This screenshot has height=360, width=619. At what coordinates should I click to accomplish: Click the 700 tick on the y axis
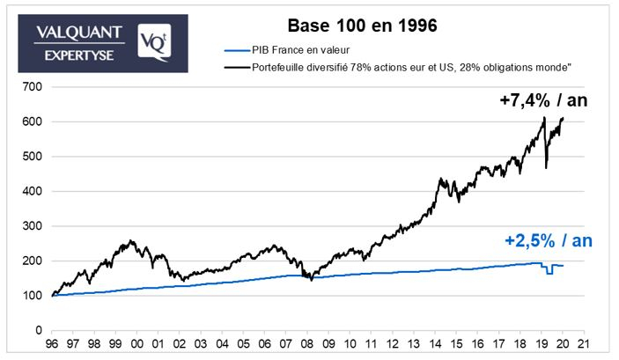click(x=32, y=87)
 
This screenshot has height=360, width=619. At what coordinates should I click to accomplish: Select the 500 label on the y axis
click(x=32, y=157)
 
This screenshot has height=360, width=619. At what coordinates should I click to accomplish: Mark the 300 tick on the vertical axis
click(x=32, y=226)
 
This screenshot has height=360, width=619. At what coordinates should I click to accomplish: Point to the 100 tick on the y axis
click(x=32, y=296)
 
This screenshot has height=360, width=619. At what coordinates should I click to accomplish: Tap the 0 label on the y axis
click(x=38, y=330)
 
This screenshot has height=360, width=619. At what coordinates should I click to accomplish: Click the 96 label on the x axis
click(x=52, y=344)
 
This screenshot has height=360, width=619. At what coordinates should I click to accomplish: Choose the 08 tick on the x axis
click(x=307, y=344)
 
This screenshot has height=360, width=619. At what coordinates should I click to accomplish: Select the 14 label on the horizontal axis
click(x=435, y=344)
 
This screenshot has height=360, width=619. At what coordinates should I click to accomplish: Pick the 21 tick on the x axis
click(x=584, y=344)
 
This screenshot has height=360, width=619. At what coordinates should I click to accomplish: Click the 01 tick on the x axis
click(x=158, y=344)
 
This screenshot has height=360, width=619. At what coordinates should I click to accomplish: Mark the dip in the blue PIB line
click(x=549, y=270)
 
